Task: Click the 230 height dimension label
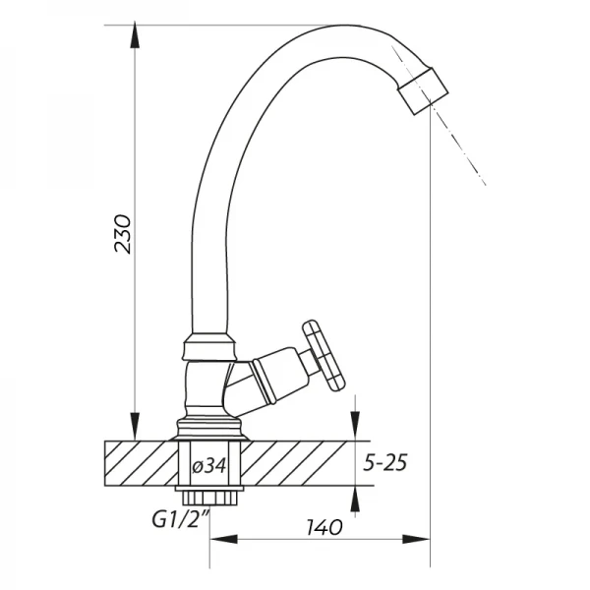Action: [123, 234]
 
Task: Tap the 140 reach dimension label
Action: [324, 527]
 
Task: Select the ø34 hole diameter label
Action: [209, 466]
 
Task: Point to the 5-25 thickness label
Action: [384, 462]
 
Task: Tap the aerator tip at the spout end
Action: [424, 90]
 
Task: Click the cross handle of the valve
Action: [324, 355]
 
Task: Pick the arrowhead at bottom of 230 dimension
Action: [135, 428]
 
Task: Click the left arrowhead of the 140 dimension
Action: [223, 539]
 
